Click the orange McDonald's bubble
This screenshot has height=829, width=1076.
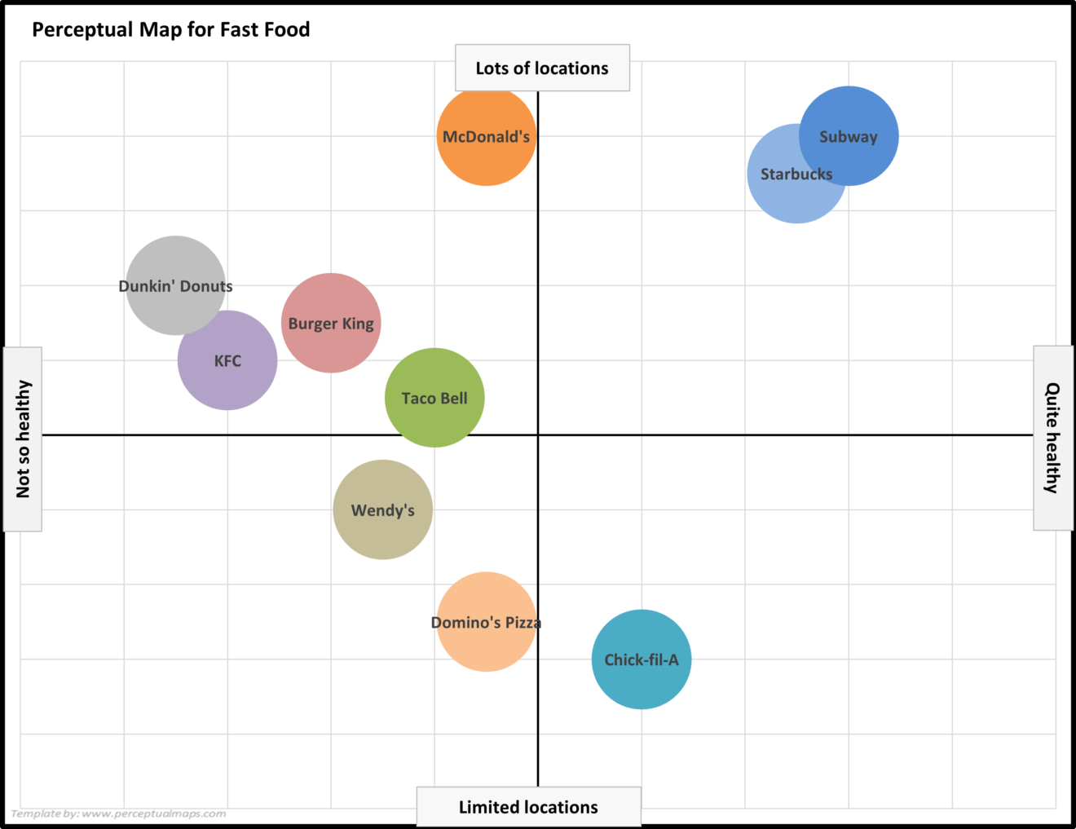tap(487, 155)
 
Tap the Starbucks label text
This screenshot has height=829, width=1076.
tap(796, 174)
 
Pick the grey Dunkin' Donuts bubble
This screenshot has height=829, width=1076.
tap(174, 261)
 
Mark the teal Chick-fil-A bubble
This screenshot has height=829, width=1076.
tap(642, 681)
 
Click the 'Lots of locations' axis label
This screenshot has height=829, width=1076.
tap(542, 68)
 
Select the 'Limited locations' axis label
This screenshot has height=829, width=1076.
tap(528, 807)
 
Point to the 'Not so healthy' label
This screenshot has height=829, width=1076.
tap(23, 439)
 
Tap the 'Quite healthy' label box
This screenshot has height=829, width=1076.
tap(1053, 438)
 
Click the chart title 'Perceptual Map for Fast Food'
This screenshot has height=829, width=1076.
tap(171, 30)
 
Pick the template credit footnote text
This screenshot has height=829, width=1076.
tap(119, 814)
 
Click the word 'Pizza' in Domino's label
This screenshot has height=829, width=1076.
tap(523, 623)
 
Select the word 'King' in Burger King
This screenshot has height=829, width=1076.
tap(358, 324)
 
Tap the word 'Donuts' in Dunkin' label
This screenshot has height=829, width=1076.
tap(206, 286)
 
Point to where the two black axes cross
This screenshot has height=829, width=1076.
tap(538, 435)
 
